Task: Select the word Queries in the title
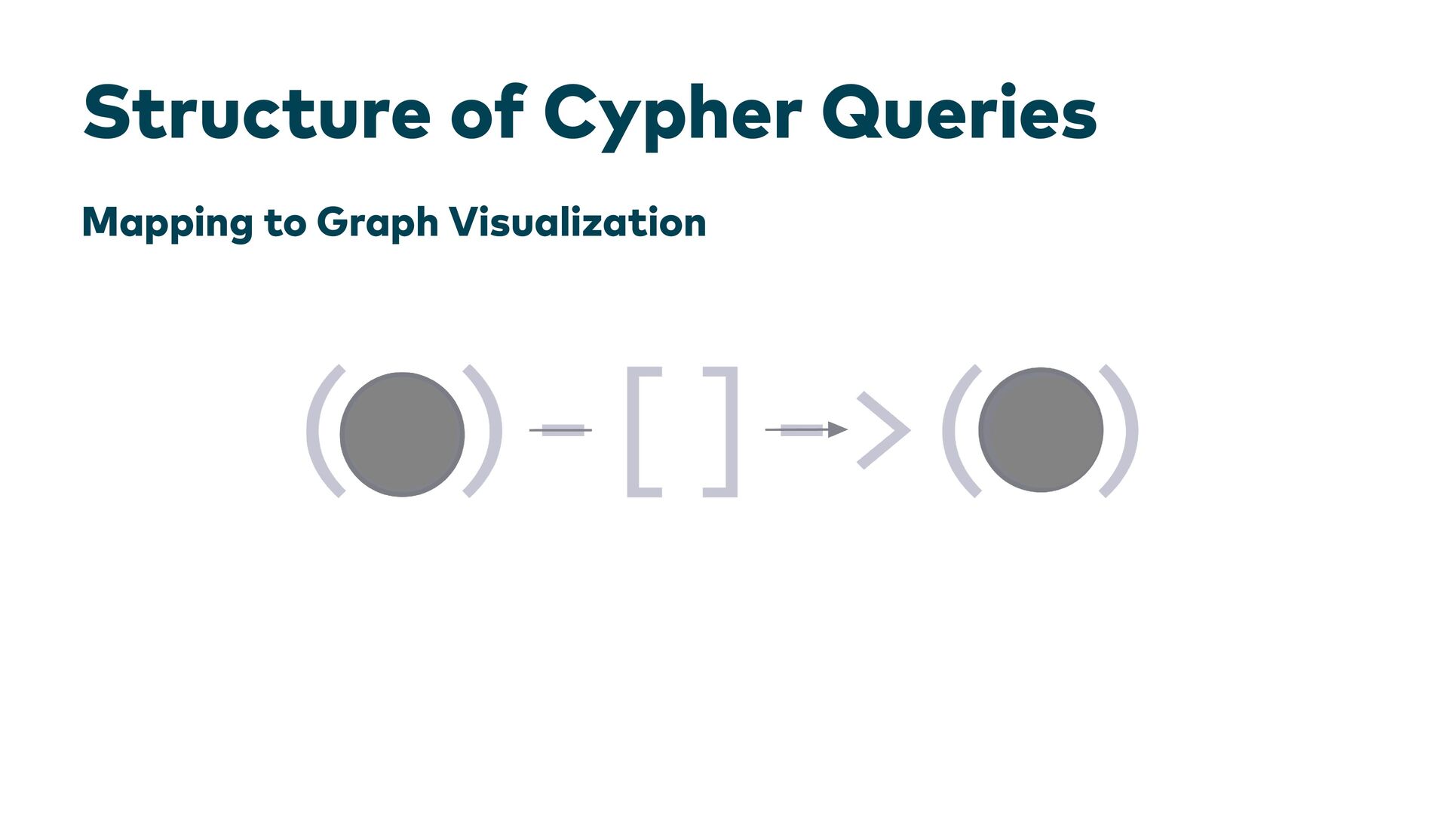959,113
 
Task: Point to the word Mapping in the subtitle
167,223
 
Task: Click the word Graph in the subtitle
377,223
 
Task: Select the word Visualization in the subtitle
577,222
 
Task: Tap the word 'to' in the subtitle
285,223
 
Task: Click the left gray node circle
402,434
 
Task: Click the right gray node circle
1041,430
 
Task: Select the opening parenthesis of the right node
957,431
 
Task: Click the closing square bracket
726,432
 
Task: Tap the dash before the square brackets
563,430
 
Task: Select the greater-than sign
884,430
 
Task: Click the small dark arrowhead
837,430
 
